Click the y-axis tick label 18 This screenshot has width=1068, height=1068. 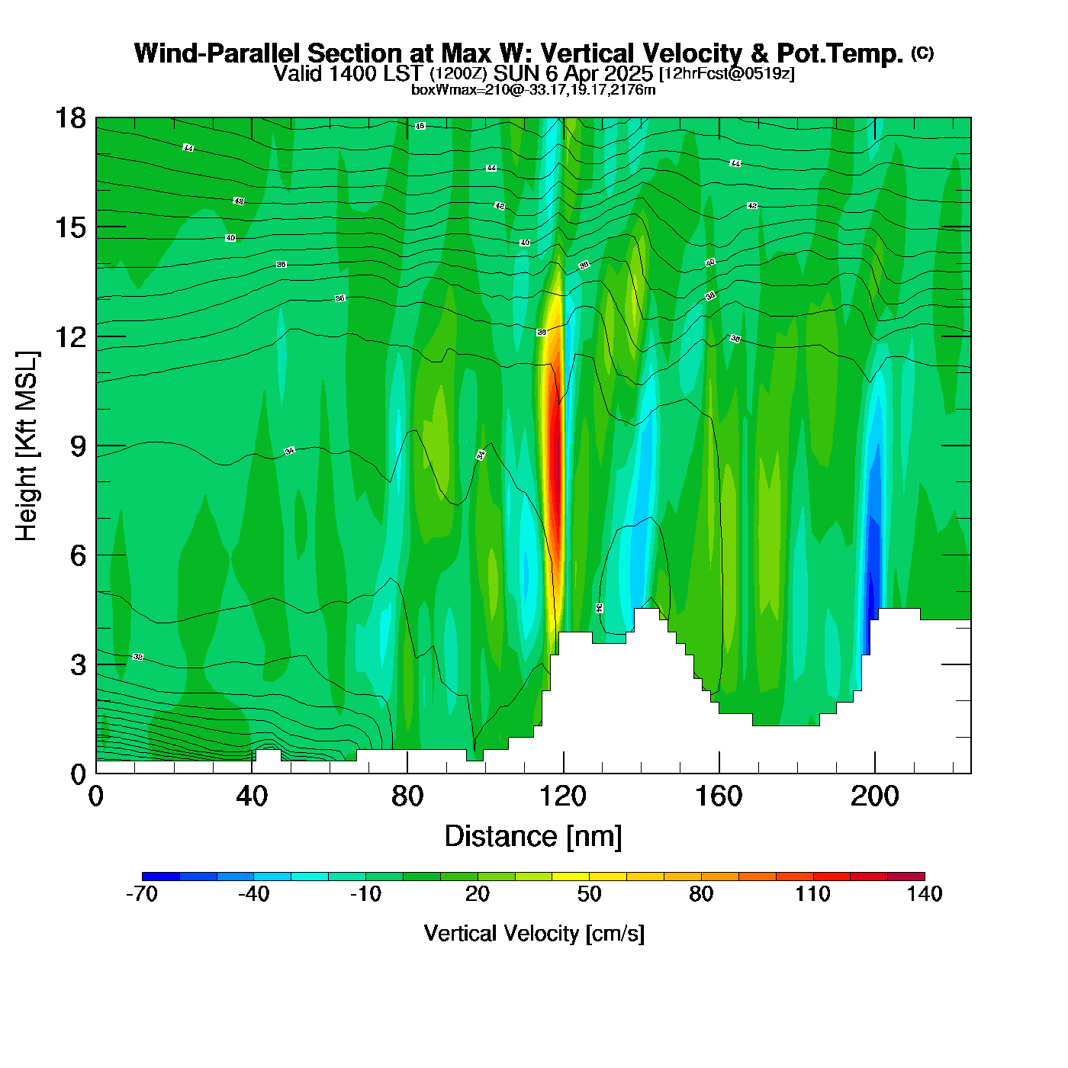tap(69, 119)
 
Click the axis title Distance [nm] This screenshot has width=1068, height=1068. tap(533, 837)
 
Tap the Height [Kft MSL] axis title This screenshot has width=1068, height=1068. tap(27, 446)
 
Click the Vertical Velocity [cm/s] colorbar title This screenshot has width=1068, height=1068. tap(534, 934)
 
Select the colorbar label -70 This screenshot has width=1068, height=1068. tap(142, 894)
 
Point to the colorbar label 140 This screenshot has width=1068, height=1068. tap(925, 894)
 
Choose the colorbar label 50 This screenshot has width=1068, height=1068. tap(589, 894)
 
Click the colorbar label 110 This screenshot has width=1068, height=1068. tap(812, 894)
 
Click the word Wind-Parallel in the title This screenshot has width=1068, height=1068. tap(218, 53)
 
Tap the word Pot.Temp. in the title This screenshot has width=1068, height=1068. tap(840, 53)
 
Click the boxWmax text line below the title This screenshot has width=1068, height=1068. tap(533, 90)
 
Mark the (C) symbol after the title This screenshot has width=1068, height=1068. tap(922, 53)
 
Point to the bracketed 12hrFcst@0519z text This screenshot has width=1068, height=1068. tap(727, 73)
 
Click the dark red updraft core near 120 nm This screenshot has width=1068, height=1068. tap(555, 473)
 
